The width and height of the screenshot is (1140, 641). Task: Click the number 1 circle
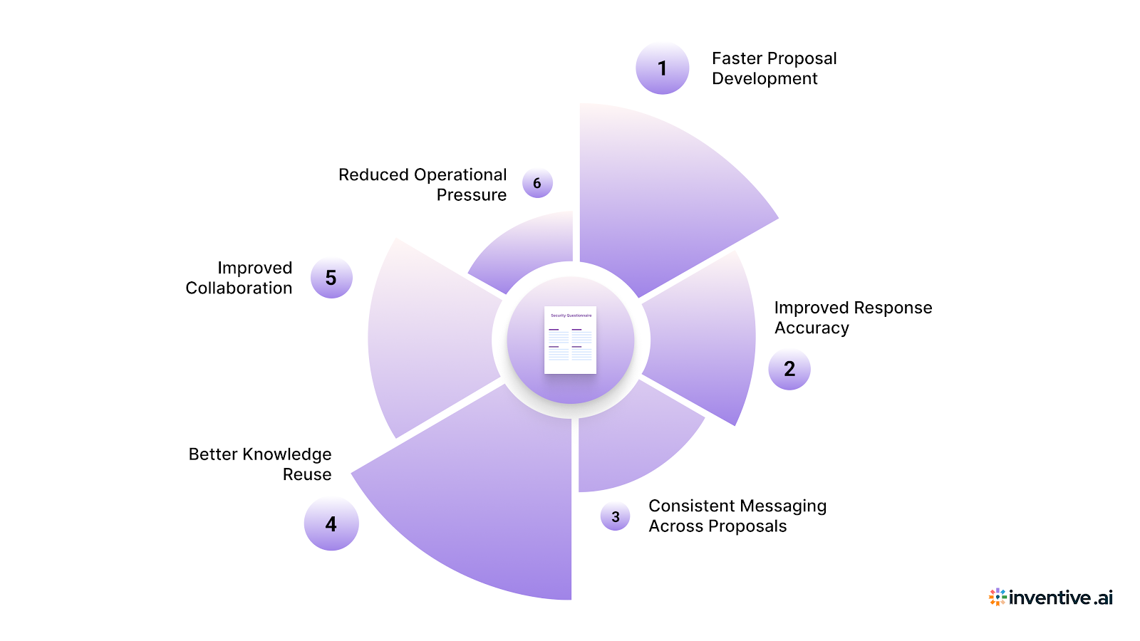coord(662,68)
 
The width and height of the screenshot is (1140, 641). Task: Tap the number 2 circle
coord(789,369)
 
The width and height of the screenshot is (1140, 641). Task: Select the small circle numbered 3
coord(616,517)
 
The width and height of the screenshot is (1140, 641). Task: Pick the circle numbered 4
coord(331,524)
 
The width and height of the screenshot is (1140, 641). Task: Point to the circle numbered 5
coord(331,278)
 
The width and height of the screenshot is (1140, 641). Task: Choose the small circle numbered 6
coord(537,183)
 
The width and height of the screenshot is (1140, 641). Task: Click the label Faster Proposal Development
coord(774,68)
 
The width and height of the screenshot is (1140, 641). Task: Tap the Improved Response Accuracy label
coord(853,318)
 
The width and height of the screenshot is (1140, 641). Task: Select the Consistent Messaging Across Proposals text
coord(737,516)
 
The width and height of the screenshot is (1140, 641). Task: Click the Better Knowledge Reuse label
coord(261,464)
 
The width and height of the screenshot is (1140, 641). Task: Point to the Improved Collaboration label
coord(239,278)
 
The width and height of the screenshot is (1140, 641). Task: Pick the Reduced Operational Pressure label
coord(423,184)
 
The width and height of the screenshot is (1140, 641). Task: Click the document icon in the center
coord(570,340)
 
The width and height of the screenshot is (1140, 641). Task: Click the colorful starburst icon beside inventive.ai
coord(997,597)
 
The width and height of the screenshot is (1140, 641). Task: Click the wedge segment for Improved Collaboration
coord(427,335)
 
